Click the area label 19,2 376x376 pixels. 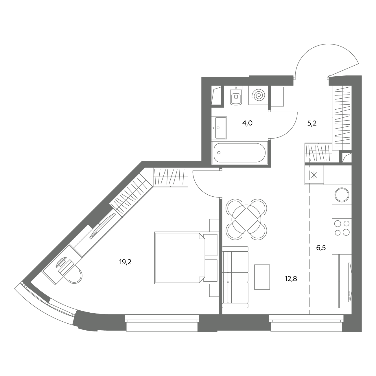[x=125, y=262]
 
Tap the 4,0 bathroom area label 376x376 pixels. [x=247, y=123]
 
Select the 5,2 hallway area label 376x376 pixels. [x=312, y=123]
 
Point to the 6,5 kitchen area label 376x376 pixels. [x=321, y=248]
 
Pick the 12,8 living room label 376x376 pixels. [x=291, y=279]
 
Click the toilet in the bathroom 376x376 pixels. [x=236, y=95]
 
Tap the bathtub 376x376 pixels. [x=239, y=153]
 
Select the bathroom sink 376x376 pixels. [x=219, y=128]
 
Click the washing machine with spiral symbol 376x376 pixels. [x=258, y=95]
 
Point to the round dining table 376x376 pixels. [x=246, y=220]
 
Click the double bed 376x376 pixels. [x=186, y=258]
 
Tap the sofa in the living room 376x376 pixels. [x=235, y=277]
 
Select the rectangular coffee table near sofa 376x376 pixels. [x=262, y=277]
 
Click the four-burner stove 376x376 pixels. [x=342, y=228]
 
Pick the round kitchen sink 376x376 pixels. [x=342, y=195]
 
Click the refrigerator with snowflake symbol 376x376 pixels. [x=314, y=175]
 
